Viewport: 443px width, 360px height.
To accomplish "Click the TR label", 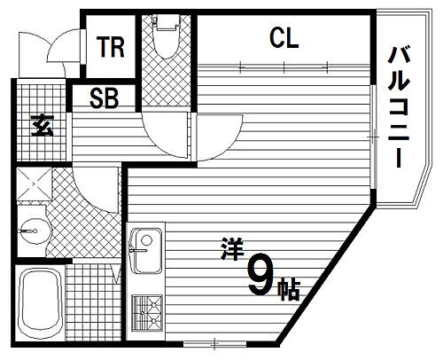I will (x=111, y=47).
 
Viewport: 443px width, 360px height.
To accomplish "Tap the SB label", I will (x=105, y=98).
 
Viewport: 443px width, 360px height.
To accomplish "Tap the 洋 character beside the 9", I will (x=230, y=251).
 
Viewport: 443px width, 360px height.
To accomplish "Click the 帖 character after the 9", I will (x=288, y=288).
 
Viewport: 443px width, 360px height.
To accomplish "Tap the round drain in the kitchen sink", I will (x=148, y=239).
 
